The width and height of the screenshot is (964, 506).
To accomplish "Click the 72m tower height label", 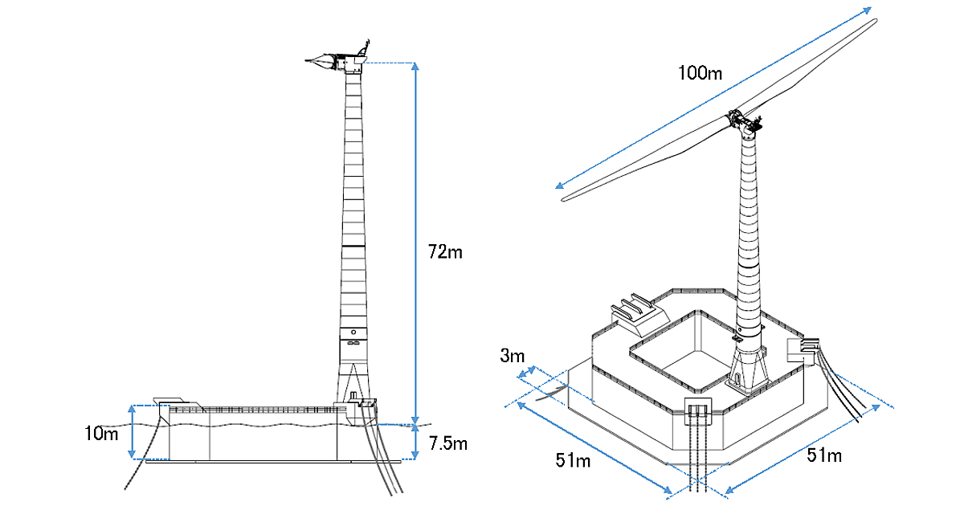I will click(x=446, y=251).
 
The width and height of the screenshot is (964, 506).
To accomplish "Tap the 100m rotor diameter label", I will click(x=699, y=74).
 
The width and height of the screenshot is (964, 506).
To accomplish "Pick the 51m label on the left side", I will click(x=574, y=459).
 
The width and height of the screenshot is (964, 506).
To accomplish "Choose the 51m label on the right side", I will click(x=823, y=456).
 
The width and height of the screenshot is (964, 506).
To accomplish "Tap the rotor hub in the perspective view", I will click(x=744, y=123).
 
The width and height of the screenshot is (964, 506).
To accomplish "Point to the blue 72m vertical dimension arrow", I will click(x=415, y=241).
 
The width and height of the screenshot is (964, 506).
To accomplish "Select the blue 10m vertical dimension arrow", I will click(x=133, y=432).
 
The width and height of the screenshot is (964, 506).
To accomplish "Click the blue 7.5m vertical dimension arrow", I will click(x=415, y=443).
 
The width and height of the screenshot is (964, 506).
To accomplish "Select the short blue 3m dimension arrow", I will click(x=528, y=373).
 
